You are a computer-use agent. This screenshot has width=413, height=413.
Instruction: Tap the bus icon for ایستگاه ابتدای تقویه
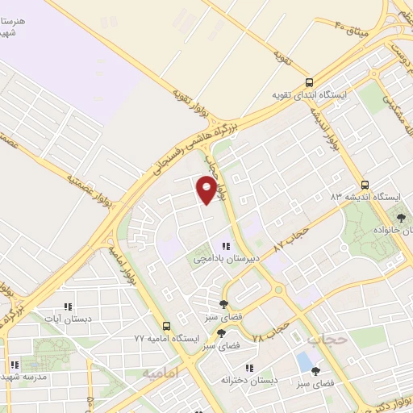point(310,83)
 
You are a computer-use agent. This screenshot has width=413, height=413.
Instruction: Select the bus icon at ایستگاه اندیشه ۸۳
point(366,185)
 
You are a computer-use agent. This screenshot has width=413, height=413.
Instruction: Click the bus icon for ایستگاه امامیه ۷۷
point(166,326)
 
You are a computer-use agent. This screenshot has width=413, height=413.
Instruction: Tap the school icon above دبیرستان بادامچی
point(226,247)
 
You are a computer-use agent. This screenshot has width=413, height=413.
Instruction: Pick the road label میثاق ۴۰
point(350,27)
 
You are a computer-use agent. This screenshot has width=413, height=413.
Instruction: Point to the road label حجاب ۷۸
point(269,332)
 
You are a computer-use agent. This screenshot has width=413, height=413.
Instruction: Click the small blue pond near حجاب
point(303,360)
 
